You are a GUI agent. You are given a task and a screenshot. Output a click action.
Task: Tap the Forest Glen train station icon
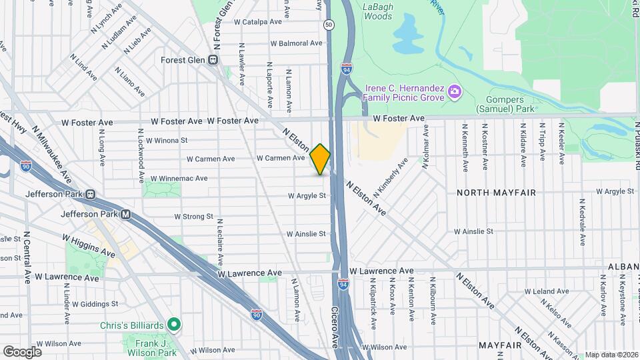tap(213, 59)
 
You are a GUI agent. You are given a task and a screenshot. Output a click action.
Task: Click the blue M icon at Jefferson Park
tap(125, 215)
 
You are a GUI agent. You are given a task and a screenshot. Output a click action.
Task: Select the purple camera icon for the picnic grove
tap(454, 91)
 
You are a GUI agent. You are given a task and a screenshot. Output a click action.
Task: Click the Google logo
tap(22, 351)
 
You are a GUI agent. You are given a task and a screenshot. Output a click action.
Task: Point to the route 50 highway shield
tap(329, 25)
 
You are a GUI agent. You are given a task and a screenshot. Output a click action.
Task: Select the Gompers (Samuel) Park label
tap(505, 103)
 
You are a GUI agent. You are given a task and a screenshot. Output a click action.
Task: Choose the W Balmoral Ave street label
tap(296, 43)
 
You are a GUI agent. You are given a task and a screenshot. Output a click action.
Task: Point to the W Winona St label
tap(167, 141)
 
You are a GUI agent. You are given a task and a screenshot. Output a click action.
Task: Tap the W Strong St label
tap(193, 217)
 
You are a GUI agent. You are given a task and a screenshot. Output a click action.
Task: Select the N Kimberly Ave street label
tap(391, 177)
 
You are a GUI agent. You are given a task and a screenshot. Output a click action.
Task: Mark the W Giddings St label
tap(95, 303)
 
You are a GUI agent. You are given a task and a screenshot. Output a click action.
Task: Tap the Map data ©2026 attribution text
tap(611, 355)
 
